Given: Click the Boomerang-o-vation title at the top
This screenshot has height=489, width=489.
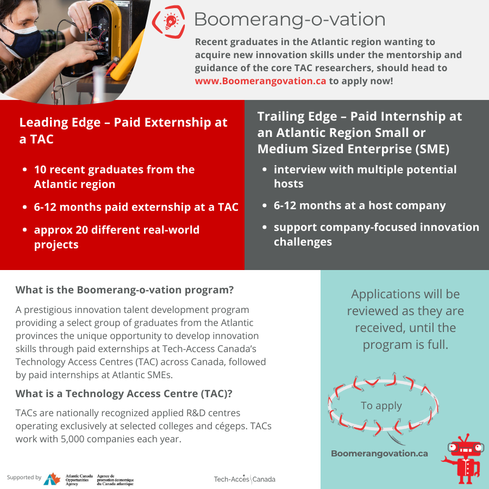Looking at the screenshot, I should [290, 20].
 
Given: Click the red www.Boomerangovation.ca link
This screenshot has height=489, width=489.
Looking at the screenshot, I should [261, 80].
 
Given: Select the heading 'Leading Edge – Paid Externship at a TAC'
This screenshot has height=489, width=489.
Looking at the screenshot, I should [123, 130].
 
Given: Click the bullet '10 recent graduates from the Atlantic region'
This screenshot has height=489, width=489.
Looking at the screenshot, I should [114, 177].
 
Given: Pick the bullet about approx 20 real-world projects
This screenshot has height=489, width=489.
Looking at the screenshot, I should [117, 237].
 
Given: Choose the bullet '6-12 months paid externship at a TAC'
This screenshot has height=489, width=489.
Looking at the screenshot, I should [136, 206].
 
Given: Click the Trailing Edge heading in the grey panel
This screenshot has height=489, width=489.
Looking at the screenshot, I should [360, 132].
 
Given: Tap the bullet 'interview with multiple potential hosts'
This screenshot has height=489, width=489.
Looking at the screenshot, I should [365, 177].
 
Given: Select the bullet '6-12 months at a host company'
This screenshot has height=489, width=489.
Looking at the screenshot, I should [360, 205].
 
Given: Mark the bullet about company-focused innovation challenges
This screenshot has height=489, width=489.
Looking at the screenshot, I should [376, 234].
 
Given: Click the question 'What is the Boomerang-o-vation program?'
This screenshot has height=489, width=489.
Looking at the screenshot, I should [124, 290].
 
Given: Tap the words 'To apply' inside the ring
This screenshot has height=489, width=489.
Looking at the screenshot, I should [381, 406].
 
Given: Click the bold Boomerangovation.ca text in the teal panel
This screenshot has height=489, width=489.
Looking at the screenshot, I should [379, 453].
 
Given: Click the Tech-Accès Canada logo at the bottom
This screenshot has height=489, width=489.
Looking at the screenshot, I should [244, 479].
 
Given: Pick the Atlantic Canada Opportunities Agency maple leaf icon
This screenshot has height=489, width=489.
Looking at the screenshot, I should [52, 479].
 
